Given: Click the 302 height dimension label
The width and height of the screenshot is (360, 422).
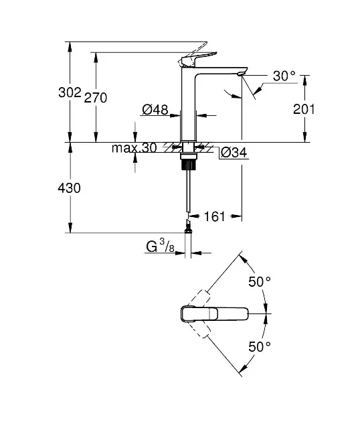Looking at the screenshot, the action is (70, 92).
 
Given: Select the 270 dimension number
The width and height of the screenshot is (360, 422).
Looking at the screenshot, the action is (96, 97).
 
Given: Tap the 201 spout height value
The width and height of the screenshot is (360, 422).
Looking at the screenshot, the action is (304, 109).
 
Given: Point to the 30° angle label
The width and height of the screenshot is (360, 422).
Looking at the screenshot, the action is (284, 76).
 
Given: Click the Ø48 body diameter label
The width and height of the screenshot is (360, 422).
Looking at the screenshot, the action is (155, 110).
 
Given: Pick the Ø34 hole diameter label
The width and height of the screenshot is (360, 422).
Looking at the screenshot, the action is (234, 153).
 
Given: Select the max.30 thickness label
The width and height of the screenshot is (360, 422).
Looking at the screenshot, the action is (134, 148).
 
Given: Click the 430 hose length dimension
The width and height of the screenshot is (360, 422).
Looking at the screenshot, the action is (69, 188).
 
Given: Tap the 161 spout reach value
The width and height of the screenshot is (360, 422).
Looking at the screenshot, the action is (215, 216).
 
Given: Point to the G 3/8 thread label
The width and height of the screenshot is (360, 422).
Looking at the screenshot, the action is (160, 247).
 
